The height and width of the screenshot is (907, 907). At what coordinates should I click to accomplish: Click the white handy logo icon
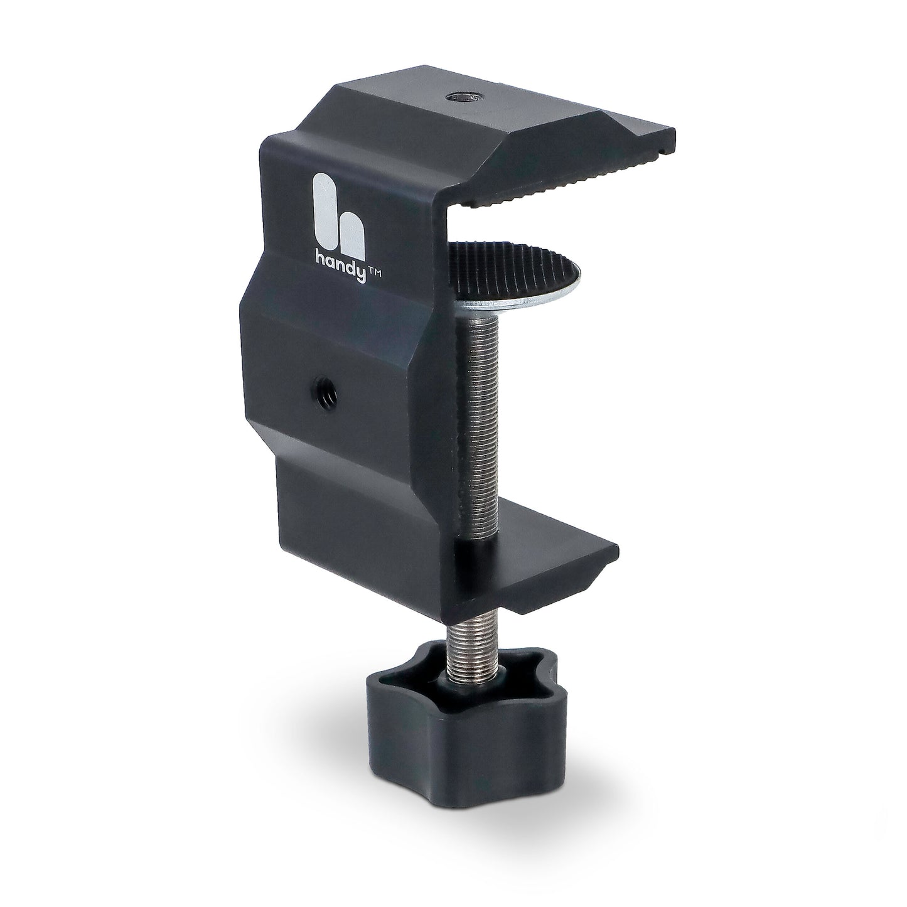click(340, 211)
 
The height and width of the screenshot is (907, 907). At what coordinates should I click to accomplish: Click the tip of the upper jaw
click(672, 134)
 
